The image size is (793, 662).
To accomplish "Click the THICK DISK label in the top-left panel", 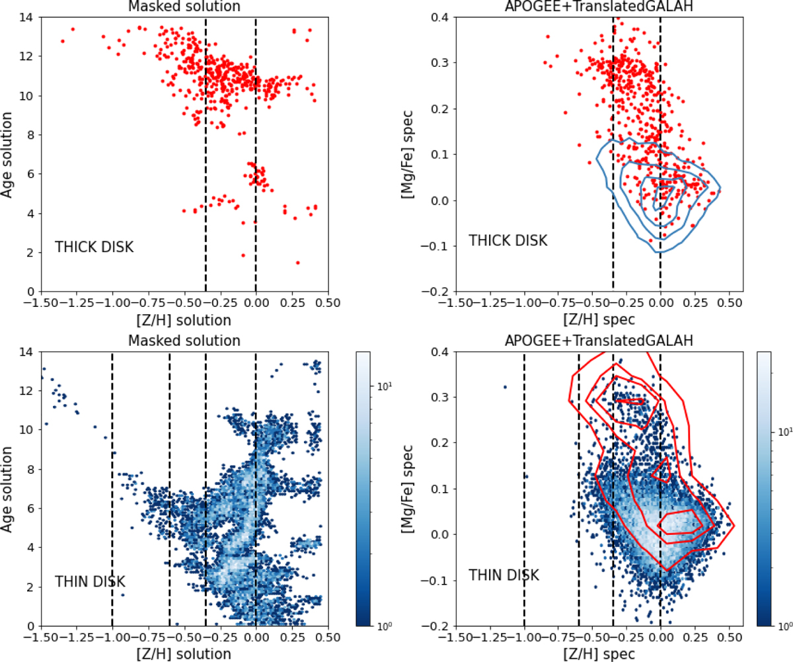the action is coord(94,247).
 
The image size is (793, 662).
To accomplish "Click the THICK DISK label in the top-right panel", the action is coord(508,241).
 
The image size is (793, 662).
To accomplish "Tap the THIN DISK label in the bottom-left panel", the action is coord(90,581).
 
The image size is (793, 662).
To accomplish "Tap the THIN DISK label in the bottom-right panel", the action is coord(504,575).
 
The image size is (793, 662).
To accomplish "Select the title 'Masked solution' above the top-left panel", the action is coord(184,7).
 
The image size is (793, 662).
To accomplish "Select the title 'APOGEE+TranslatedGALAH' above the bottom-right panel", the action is coord(599,341).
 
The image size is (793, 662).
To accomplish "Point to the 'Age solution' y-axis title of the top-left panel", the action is coord(7,155).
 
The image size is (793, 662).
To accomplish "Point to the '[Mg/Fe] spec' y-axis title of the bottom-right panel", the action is coord(408,489).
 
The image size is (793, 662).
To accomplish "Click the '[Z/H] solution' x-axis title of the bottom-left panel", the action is coord(184,653).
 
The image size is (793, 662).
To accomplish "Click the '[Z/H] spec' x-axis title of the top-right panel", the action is coord(599,319).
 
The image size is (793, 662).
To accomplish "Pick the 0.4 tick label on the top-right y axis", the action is coord(440,17).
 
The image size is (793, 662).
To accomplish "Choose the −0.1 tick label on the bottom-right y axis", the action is coord(435,580).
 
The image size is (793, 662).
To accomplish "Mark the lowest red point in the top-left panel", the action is coord(298,263).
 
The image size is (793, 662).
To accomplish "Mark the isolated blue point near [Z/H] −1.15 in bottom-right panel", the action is coord(505,388).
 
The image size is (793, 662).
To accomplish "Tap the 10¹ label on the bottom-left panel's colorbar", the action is coord(385,386).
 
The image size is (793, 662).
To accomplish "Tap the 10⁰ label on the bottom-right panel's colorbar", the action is coord(785,626).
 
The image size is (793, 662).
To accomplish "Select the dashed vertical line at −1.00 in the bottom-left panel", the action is coord(112,489).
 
